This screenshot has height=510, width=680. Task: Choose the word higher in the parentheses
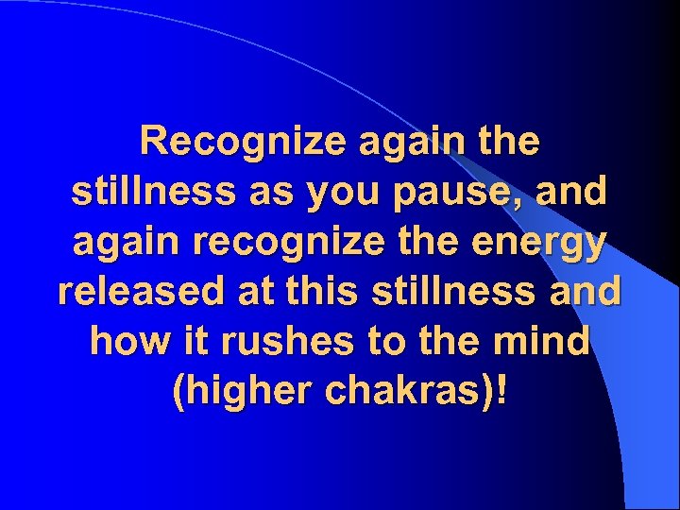click(x=239, y=389)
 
